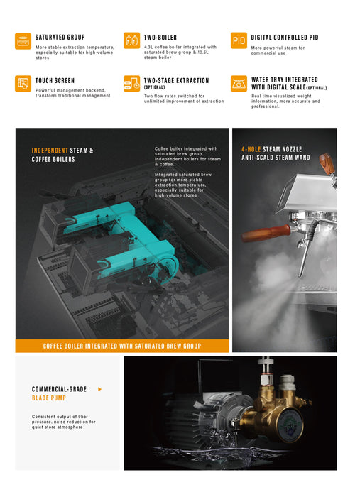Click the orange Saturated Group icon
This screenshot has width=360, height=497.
[23, 41]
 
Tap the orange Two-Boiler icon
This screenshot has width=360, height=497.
[131, 40]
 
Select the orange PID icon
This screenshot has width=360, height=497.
[239, 40]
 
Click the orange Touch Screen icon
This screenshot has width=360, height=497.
[23, 83]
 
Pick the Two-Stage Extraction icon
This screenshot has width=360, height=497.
[131, 83]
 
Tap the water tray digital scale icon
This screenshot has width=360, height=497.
[239, 83]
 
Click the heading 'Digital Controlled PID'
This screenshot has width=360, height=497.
[285, 38]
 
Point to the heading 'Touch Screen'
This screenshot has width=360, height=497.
[55, 80]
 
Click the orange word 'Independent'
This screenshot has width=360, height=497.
[50, 151]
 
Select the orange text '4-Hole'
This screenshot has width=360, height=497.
[251, 149]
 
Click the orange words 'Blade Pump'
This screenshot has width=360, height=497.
[49, 398]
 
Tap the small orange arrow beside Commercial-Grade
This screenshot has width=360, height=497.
[100, 389]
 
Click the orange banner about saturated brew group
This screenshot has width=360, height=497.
[122, 346]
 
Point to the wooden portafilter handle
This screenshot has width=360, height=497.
[266, 233]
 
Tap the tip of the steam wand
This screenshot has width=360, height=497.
[300, 275]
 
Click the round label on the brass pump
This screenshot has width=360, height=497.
[290, 422]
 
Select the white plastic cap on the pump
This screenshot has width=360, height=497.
[288, 382]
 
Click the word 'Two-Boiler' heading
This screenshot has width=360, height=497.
[160, 38]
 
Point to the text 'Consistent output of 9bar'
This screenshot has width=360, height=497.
[60, 417]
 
